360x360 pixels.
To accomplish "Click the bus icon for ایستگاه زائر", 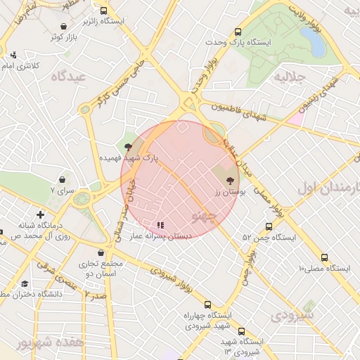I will tap(105, 11).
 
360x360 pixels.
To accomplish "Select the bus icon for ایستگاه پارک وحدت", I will tap(238, 32).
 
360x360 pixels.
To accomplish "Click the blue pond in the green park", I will tap(316, 44).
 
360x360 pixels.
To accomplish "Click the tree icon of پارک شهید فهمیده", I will tap(127, 147).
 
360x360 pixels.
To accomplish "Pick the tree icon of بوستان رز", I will tap(231, 181).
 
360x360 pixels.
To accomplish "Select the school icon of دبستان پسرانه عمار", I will tap(161, 226).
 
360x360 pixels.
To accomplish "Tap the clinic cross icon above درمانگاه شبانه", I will tap(40, 214).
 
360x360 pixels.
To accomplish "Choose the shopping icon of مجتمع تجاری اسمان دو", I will tap(103, 252).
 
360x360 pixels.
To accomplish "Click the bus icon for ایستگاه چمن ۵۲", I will tap(269, 226).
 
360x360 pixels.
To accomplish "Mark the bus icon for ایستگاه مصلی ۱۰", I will tap(323, 257).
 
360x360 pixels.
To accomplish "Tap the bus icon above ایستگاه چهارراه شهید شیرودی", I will tap(207, 304).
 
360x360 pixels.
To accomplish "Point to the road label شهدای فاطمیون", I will tap(238, 111).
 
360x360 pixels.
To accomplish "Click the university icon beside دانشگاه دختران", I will tap(25, 284).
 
